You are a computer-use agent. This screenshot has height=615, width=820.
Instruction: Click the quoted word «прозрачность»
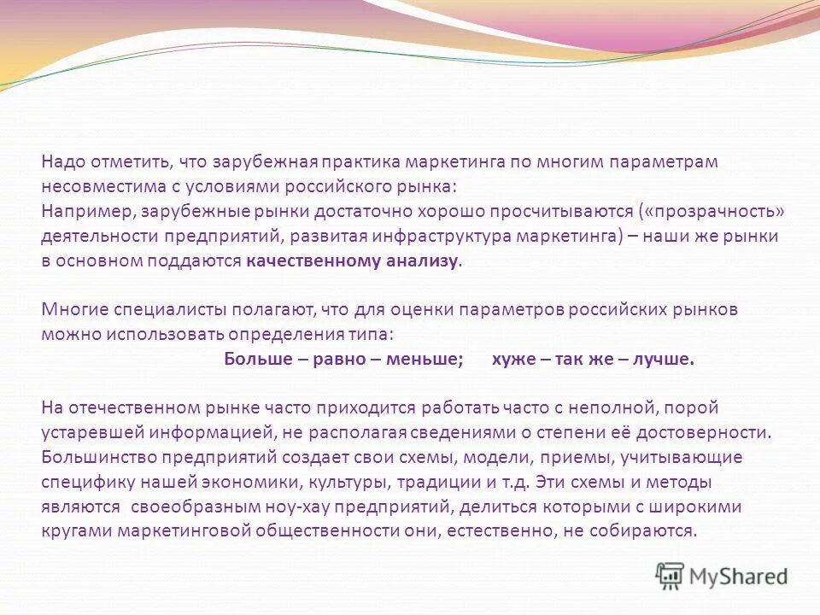[x=704, y=211]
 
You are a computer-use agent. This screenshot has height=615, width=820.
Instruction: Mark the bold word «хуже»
[x=512, y=359]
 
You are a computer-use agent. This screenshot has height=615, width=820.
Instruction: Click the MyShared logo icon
[x=670, y=576]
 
